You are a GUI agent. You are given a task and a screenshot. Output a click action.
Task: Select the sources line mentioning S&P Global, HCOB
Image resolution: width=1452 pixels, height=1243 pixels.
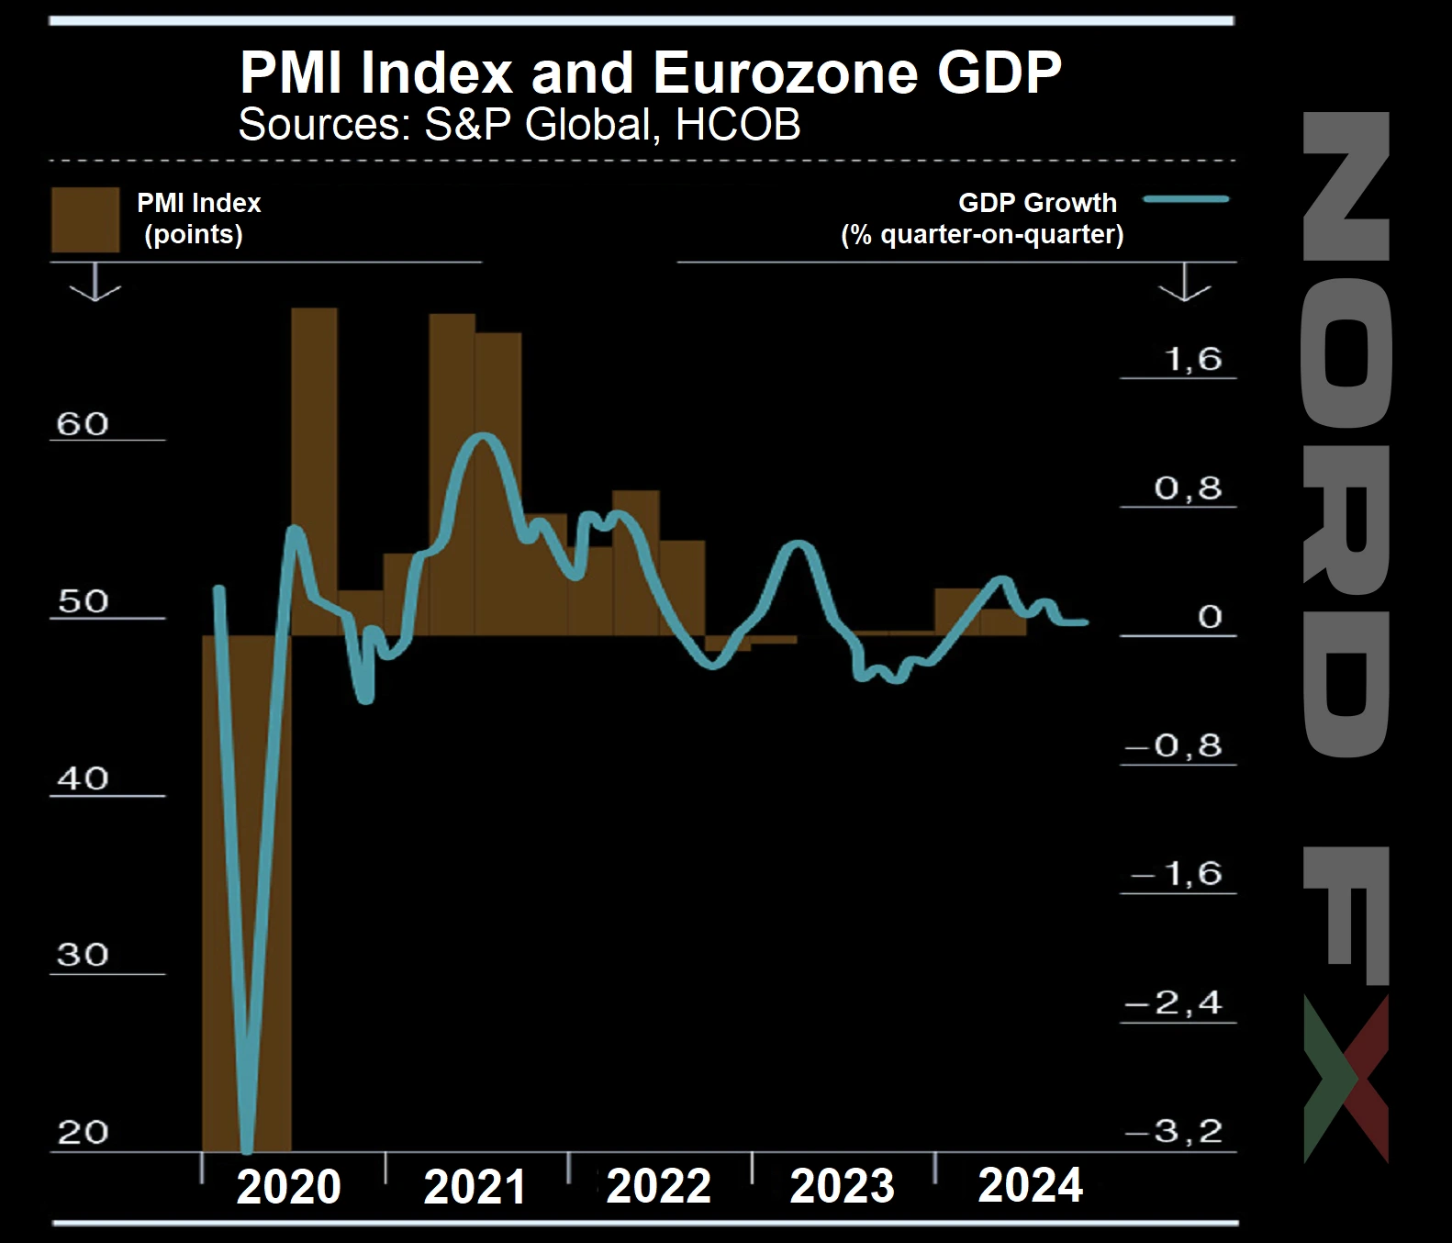pos(519,125)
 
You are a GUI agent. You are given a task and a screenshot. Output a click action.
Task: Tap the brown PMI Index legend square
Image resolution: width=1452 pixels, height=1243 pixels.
pos(85,220)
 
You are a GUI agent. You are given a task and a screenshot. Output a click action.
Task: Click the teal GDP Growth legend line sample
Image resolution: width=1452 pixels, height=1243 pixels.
pos(1186,198)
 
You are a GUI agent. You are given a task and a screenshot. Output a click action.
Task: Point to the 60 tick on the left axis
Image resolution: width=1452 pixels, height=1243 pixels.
pos(83,424)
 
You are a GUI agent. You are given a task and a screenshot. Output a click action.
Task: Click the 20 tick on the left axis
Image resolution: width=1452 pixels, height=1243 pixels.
pos(83,1132)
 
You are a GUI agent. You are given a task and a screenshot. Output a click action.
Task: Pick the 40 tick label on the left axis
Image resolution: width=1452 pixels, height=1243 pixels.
pos(83,778)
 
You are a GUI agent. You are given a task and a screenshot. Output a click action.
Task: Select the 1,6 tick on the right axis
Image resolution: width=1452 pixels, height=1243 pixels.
pos(1193,359)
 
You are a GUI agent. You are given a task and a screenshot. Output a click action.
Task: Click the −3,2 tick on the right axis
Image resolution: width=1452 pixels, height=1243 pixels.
pos(1175,1131)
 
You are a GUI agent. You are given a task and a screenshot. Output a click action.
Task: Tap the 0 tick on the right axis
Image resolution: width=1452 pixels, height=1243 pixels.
pos(1210,617)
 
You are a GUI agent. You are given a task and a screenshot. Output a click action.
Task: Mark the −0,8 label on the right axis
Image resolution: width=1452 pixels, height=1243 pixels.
pos(1175,745)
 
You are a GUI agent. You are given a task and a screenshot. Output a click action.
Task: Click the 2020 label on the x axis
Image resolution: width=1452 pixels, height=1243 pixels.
pos(289,1186)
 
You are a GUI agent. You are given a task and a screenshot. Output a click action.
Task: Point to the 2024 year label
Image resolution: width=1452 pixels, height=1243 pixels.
pos(1030,1184)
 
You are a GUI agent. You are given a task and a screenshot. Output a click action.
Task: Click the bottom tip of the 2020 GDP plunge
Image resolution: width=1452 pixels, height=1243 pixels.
pos(246,1148)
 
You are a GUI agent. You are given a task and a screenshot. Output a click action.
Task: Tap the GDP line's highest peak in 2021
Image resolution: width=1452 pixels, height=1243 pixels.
pos(483,437)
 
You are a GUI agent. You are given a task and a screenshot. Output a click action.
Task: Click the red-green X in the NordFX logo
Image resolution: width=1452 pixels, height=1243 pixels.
pos(1346,1080)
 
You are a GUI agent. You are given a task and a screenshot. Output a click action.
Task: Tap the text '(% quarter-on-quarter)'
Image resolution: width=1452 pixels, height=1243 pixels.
pos(982,234)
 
